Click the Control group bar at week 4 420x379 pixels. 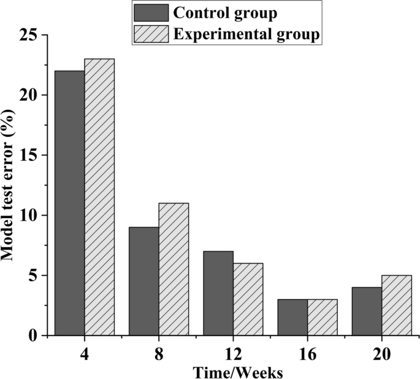[x=69, y=203]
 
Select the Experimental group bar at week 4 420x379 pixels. [x=99, y=197]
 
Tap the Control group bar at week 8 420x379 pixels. [x=143, y=281]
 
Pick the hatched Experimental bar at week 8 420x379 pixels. [x=174, y=269]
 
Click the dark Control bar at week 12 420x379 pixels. [x=218, y=293]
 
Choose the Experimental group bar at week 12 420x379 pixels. [x=248, y=299]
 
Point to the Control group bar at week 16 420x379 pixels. [x=292, y=317]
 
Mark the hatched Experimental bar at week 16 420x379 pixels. [x=322, y=317]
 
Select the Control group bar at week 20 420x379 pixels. [x=367, y=311]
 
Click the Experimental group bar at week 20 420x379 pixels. [x=396, y=305]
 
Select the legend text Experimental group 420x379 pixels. [x=246, y=35]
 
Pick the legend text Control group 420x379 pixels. [x=224, y=13]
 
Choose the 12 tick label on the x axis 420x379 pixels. [x=232, y=354]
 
